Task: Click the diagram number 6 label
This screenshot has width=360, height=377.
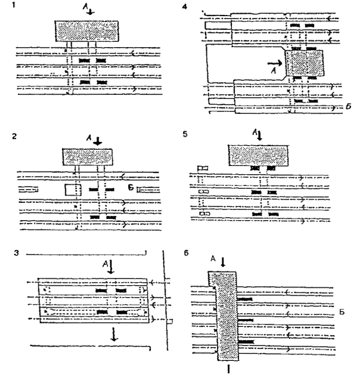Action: click(188, 253)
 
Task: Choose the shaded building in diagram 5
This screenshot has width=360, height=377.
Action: click(258, 156)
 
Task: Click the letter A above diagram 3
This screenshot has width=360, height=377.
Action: click(105, 262)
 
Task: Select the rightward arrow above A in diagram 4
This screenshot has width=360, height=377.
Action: click(275, 61)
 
